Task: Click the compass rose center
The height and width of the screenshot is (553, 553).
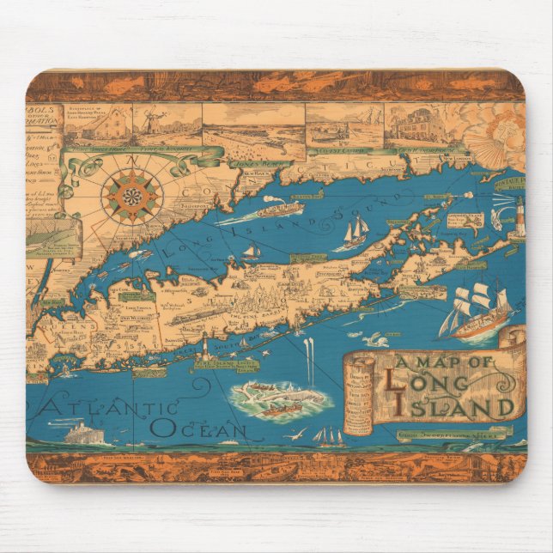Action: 131,197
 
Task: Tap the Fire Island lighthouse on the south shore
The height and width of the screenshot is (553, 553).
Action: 205,349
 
